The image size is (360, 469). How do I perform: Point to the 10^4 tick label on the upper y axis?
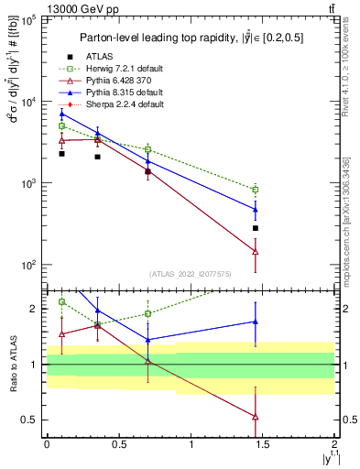[28, 103]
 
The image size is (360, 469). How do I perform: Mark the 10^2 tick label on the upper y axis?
[28, 265]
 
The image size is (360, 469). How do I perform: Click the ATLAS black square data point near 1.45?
[256, 228]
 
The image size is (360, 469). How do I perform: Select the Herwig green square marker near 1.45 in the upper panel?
[256, 190]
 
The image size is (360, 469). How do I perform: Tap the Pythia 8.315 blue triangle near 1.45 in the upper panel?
[256, 209]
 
